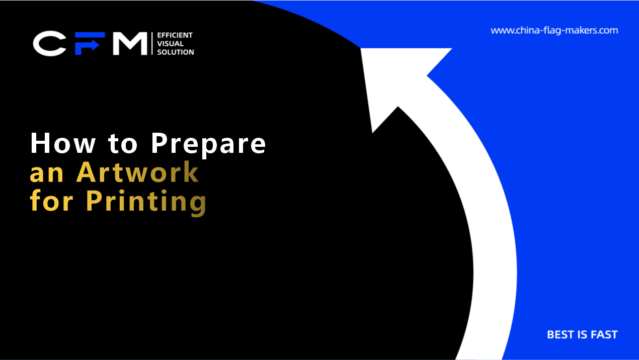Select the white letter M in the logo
click(130, 43)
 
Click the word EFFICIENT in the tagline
click(175, 35)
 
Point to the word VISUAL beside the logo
click(170, 44)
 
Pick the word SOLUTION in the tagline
click(176, 52)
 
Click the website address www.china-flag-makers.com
click(554, 31)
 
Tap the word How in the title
click(63, 143)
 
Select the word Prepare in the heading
click(208, 145)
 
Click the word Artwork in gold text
click(137, 172)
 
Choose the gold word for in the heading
click(51, 201)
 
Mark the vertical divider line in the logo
click(152, 43)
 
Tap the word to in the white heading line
click(123, 144)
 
